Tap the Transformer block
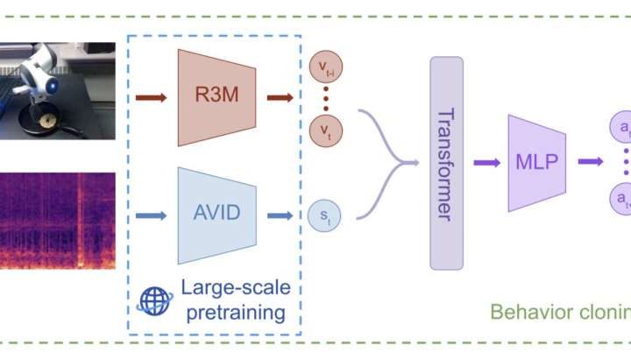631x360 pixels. coord(446,163)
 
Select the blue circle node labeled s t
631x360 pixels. coord(324,212)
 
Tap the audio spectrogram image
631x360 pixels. coord(57,220)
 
